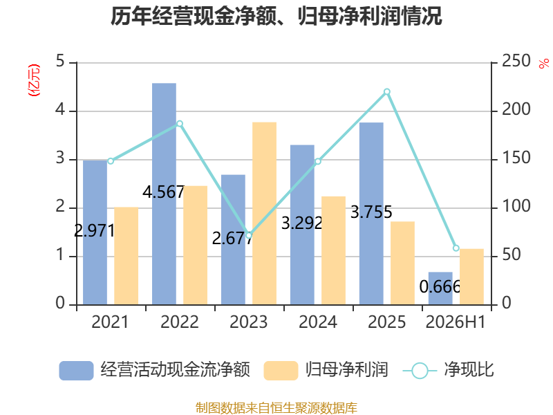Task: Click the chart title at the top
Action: coord(276,16)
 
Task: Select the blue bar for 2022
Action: coord(164,194)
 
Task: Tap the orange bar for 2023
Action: coord(265,214)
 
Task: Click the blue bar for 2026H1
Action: coord(440,288)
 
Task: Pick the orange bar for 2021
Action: coord(126,256)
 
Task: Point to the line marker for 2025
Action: coord(387,92)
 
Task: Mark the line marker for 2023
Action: coord(249,235)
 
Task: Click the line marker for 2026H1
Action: coord(456,248)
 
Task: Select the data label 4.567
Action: coord(164,192)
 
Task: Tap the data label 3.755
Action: coord(371,212)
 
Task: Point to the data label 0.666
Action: coord(440,286)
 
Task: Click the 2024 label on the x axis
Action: coord(318,322)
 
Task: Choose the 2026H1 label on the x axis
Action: coord(456,322)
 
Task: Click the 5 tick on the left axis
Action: coord(60,61)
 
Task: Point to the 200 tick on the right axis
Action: coord(516,109)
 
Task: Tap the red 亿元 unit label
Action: coord(34,80)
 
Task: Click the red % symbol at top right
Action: coord(544,64)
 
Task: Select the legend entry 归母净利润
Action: coord(326,370)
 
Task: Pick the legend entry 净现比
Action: coord(448,370)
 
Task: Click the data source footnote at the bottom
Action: coord(276,408)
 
